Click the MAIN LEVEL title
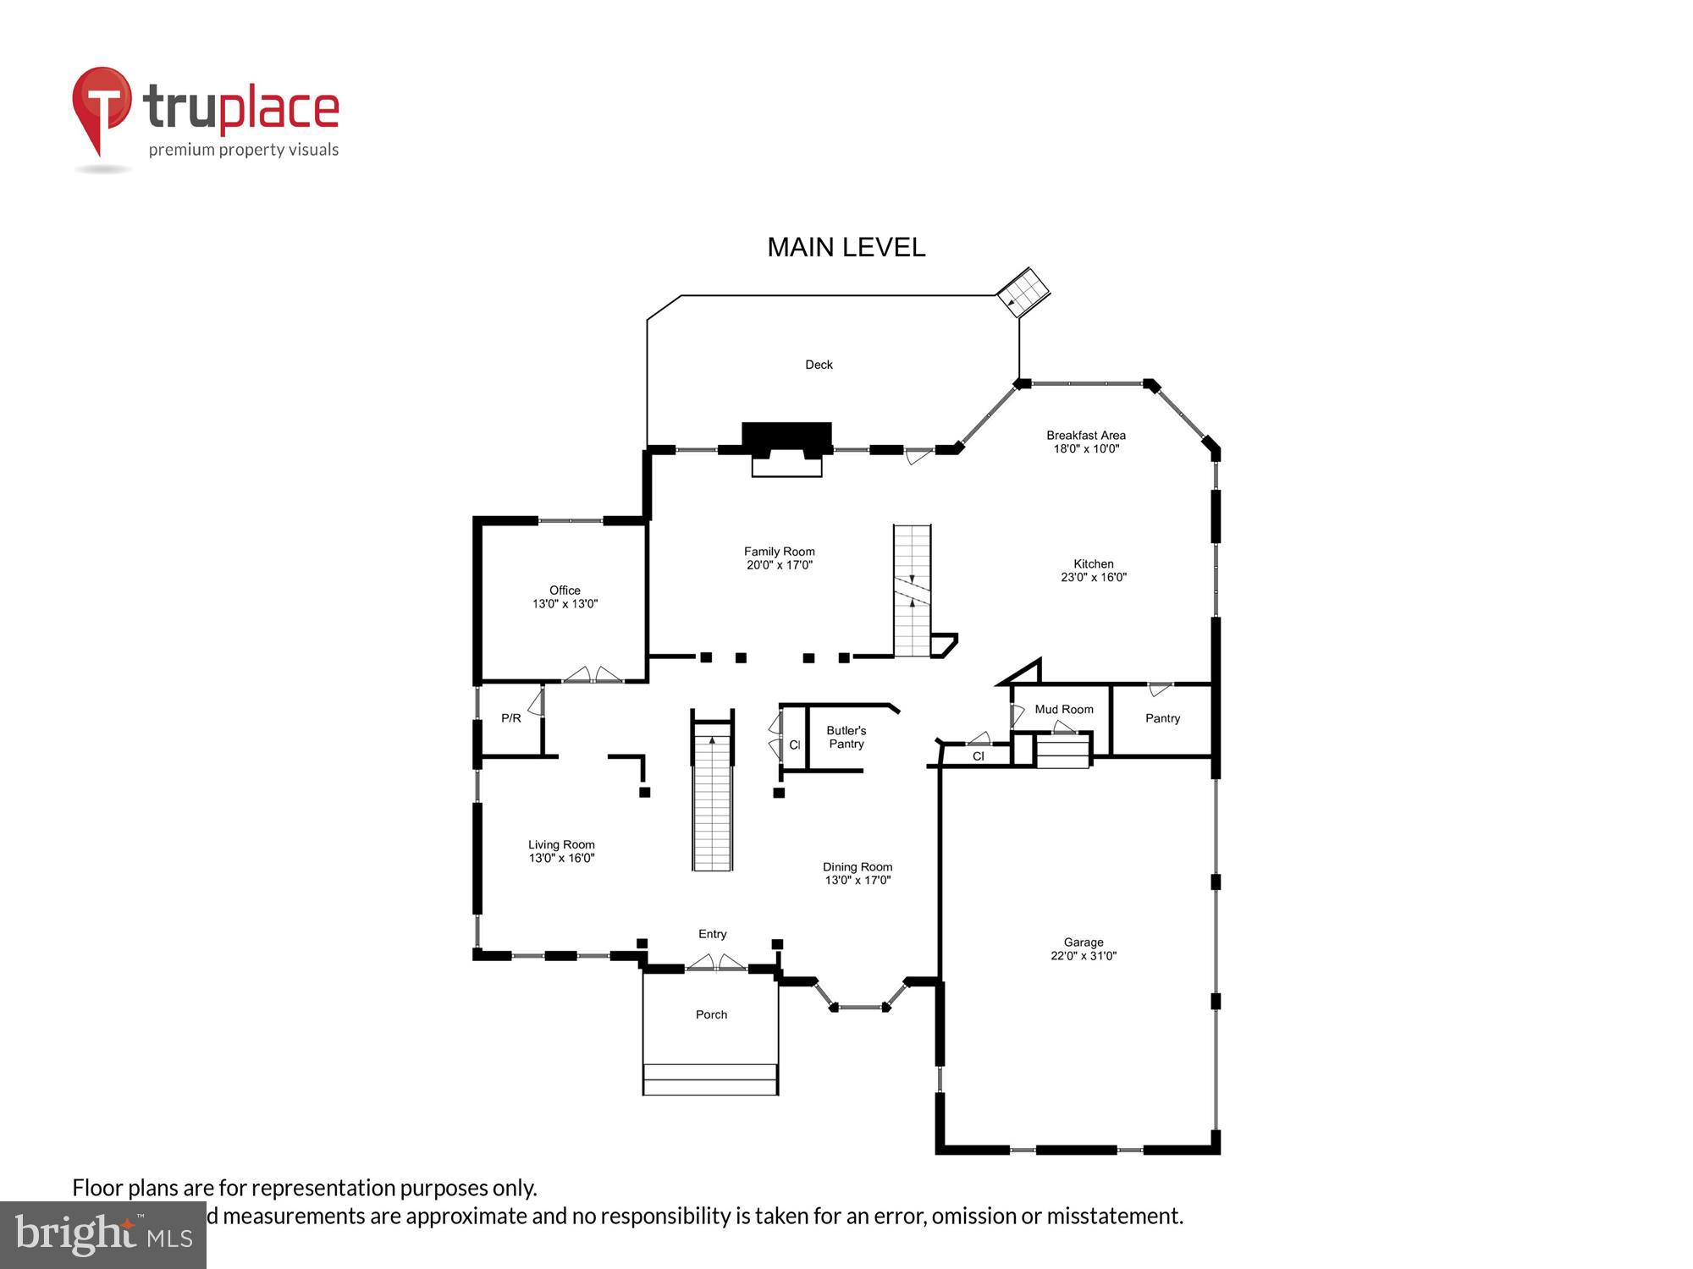point(846,247)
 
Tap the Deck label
point(819,365)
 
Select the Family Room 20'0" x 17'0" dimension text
point(779,565)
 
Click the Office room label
point(565,591)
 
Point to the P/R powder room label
point(510,718)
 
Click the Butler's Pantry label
point(846,737)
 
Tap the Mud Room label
point(1063,709)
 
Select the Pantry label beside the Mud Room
point(1162,718)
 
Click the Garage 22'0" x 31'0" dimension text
point(1084,956)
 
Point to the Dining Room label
point(858,867)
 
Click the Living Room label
point(561,844)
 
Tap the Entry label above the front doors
point(712,934)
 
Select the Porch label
point(711,1014)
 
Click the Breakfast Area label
point(1085,436)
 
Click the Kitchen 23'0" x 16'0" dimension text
point(1093,578)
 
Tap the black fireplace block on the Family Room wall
point(786,437)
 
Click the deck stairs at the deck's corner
point(1023,292)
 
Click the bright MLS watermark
point(102,1235)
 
